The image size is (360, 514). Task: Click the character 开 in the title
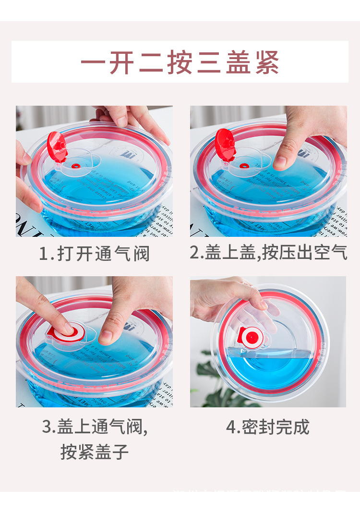[121, 62]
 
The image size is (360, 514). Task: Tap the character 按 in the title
[180, 62]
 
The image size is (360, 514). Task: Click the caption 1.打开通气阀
[94, 254]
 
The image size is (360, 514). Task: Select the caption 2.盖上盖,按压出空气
[268, 253]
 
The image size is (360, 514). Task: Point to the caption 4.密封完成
[268, 427]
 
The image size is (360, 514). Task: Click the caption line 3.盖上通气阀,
[95, 427]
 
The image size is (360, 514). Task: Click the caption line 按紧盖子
[95, 452]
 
